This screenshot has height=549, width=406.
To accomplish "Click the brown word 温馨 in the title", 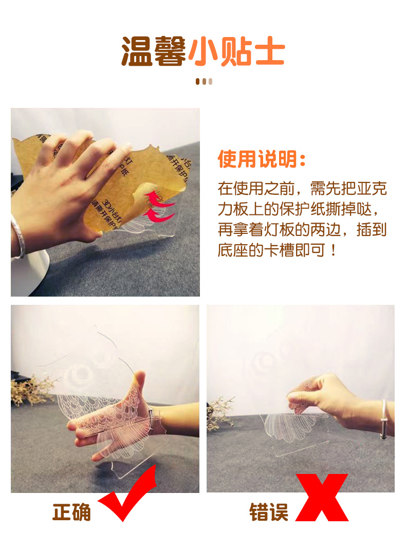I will [154, 51].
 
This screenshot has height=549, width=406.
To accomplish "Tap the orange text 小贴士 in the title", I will [236, 51].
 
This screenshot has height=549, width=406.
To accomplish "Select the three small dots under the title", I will [204, 81].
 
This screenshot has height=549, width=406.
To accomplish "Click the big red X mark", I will [323, 498].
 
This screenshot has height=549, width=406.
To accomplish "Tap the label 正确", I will [72, 512].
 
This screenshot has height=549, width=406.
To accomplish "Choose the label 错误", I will [269, 512].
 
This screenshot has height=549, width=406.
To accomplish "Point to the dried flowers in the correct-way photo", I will [31, 388].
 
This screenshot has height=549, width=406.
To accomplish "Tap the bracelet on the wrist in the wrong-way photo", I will [383, 419].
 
